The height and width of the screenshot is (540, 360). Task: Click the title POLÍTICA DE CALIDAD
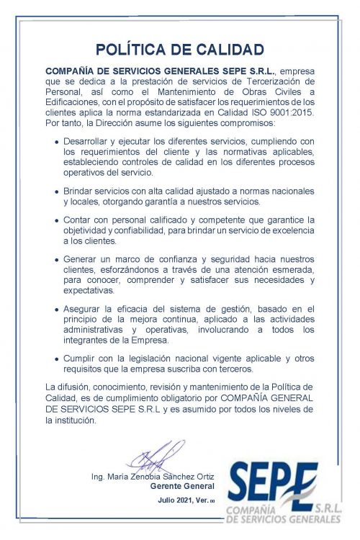pyautogui.click(x=179, y=50)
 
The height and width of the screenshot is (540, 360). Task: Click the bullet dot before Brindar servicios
pyautogui.click(x=57, y=192)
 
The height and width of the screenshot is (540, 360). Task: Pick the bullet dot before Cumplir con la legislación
pyautogui.click(x=57, y=359)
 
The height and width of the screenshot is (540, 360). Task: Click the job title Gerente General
pyautogui.click(x=173, y=486)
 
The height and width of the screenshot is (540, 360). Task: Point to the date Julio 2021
pyautogui.click(x=176, y=500)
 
